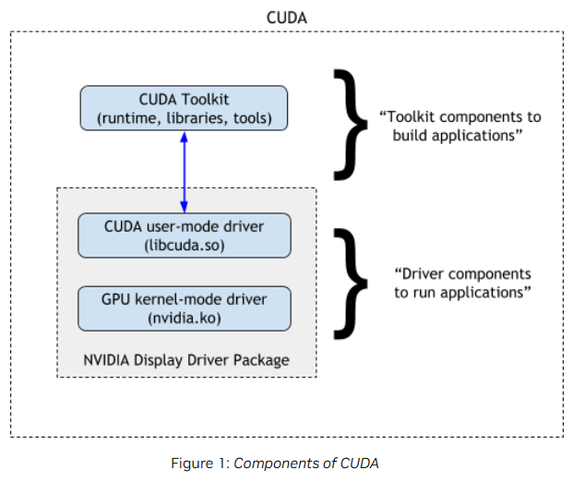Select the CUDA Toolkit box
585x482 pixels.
[184, 108]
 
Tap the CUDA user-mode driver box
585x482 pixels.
[185, 235]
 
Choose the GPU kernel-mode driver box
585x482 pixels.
[185, 308]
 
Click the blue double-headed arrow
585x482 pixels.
[184, 172]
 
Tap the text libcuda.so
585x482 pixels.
[185, 246]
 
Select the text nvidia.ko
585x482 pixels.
[185, 319]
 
